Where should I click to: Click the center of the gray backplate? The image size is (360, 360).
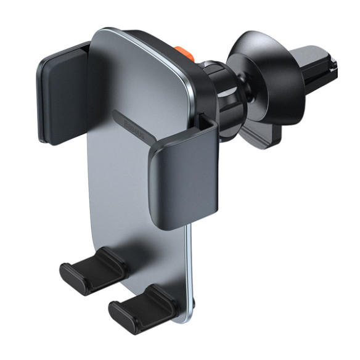click(x=142, y=173)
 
